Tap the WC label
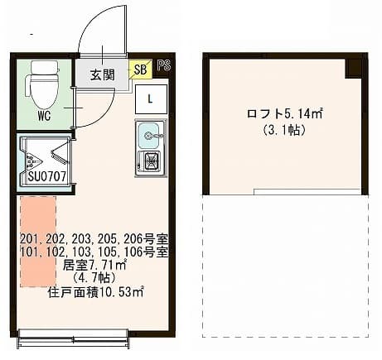tap(45, 115)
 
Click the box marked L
tap(150, 98)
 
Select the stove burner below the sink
tap(152, 160)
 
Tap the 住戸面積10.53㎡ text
tap(94, 291)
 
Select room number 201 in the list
tap(30, 238)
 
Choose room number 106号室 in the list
tap(151, 252)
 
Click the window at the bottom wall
tap(73, 335)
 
